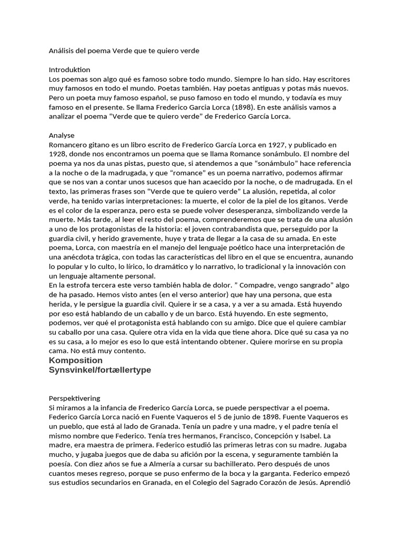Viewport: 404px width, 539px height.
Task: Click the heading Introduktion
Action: [x=69, y=69]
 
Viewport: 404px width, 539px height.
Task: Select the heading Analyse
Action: [x=62, y=135]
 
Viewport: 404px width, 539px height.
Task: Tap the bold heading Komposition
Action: [x=76, y=361]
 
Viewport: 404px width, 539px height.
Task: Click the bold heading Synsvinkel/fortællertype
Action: [x=99, y=370]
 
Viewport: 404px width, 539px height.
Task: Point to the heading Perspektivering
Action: [x=74, y=398]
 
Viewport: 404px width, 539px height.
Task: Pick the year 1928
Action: [x=58, y=154]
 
